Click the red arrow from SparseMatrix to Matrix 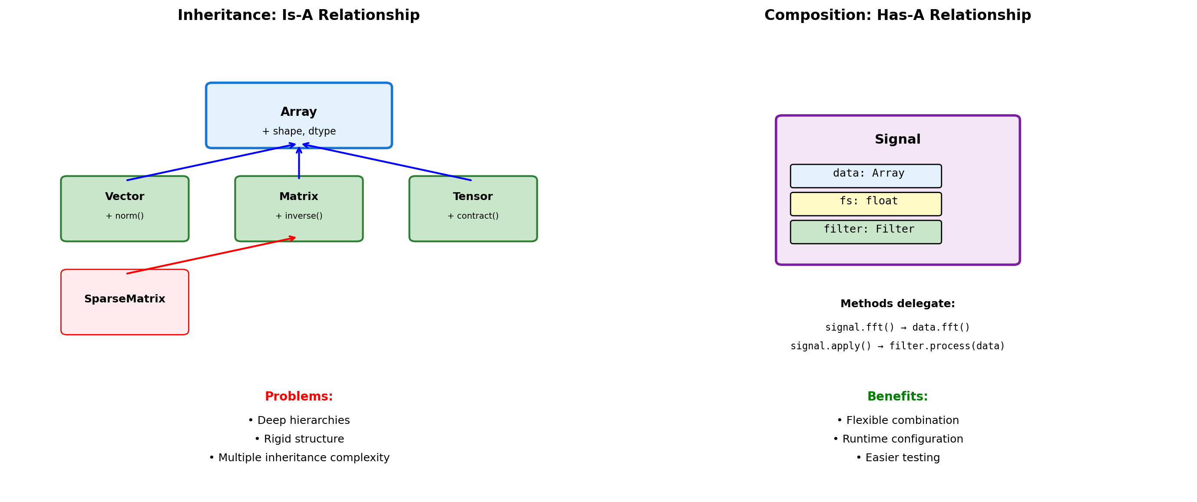pos(212,255)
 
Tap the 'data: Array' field pos(866,176)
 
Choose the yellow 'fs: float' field pos(866,203)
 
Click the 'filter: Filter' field pos(866,231)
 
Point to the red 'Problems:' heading pos(299,396)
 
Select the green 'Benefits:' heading pos(897,396)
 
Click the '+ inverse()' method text pos(299,216)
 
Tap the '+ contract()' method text pos(473,216)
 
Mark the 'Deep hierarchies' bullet pos(299,420)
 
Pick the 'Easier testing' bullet pos(897,457)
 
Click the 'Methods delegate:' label pos(897,304)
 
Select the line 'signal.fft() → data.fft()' pos(897,328)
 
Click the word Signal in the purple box pos(897,139)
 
